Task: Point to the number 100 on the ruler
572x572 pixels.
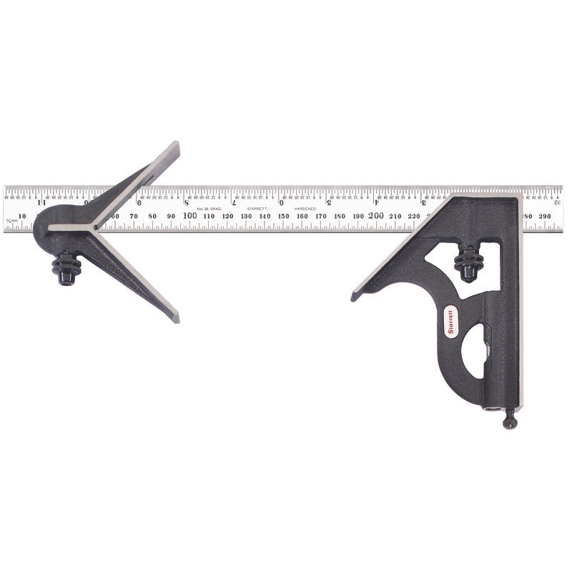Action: pos(190,215)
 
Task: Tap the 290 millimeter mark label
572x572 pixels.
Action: pos(545,215)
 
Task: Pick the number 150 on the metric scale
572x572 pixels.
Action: pos(284,215)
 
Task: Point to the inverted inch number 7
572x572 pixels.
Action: pos(234,202)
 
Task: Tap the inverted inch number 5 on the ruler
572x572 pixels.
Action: pos(328,202)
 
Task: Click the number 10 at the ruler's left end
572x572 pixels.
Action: pos(21,215)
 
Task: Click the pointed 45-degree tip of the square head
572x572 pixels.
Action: pos(355,295)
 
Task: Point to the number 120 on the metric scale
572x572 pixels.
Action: pos(227,215)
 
